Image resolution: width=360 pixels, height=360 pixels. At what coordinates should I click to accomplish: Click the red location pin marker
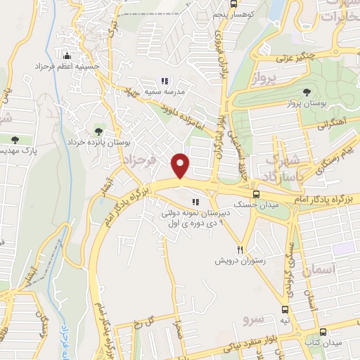click(181, 165)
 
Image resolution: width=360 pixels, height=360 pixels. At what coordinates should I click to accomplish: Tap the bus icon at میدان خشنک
click(255, 192)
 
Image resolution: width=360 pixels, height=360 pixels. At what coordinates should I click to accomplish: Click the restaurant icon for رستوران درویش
click(240, 250)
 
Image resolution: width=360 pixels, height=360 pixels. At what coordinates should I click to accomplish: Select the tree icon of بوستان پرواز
click(306, 92)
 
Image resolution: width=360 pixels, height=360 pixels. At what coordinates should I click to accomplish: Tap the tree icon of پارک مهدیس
click(14, 140)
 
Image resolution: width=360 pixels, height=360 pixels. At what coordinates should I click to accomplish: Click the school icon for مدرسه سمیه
click(165, 81)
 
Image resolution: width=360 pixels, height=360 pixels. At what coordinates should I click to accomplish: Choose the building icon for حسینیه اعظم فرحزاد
click(67, 55)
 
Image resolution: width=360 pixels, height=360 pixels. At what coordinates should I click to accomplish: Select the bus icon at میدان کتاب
click(323, 332)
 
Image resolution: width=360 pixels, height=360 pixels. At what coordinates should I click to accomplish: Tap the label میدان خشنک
click(261, 203)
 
